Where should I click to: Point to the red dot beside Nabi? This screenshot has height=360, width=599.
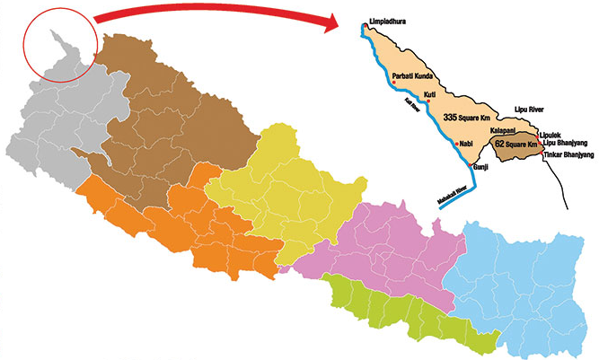pos(457,145)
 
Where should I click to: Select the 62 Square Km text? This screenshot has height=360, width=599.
pos(515,145)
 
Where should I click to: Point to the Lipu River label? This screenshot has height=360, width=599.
pos(530,107)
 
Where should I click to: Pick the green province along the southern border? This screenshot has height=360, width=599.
pos(404,310)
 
